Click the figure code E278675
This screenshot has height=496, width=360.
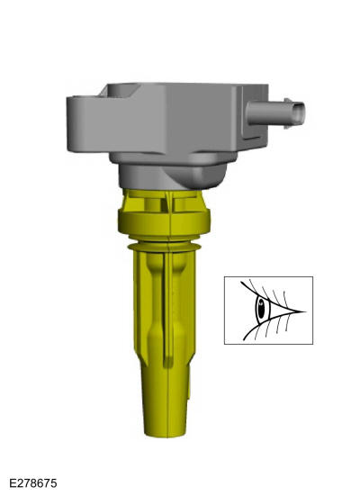[x=33, y=483]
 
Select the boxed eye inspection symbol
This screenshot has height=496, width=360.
[x=268, y=311]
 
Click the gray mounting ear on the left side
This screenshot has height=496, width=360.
[x=83, y=123]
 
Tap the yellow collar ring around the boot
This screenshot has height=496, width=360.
[x=164, y=222]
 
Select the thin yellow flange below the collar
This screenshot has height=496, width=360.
[x=164, y=246]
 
